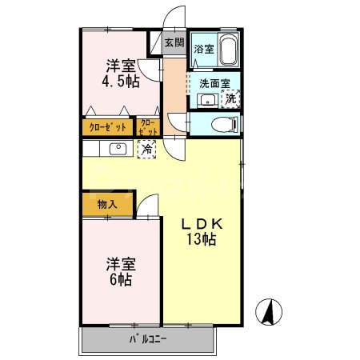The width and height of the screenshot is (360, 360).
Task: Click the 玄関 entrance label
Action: (174, 43)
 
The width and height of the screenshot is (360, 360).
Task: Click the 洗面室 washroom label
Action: (214, 82)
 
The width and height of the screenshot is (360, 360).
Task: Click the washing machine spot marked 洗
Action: (231, 99)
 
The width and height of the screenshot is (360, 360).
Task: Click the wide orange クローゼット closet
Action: (107, 126)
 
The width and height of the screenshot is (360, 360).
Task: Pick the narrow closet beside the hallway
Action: (149, 126)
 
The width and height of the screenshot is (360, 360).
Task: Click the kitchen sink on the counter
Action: (117, 148)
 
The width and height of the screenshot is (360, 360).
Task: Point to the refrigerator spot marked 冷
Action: (147, 148)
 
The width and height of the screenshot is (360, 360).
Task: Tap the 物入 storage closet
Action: (107, 204)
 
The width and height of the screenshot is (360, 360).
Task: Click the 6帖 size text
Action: (121, 279)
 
